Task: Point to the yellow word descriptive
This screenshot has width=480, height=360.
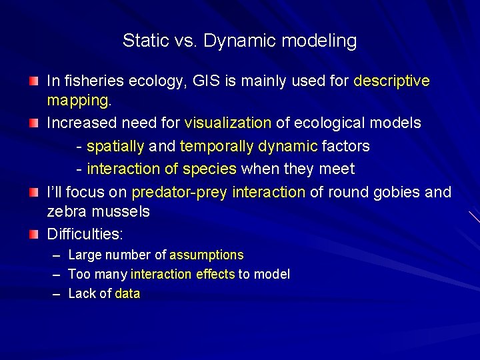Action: tap(391, 81)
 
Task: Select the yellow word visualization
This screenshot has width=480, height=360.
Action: tap(227, 123)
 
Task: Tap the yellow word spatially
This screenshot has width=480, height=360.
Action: tap(115, 146)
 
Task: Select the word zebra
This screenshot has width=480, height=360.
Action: tap(65, 212)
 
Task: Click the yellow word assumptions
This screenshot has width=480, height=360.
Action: tap(207, 255)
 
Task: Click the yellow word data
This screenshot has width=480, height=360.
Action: tap(127, 294)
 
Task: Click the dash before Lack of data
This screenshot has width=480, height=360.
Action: tap(54, 294)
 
